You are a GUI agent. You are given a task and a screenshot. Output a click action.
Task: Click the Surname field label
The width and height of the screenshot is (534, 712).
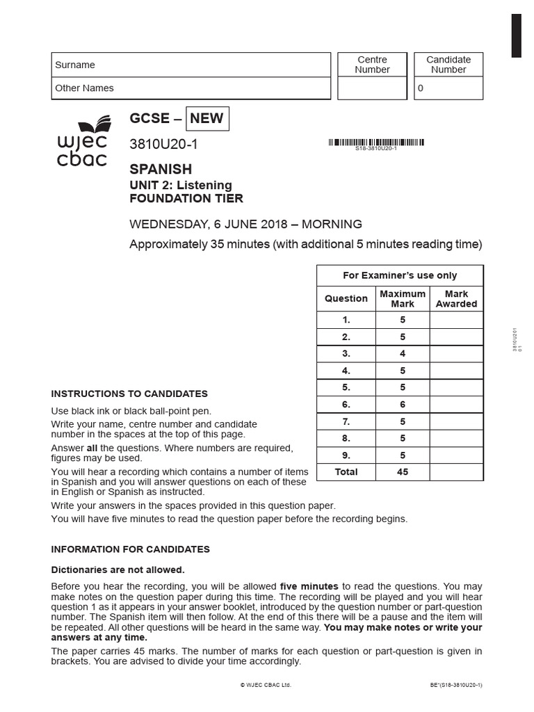75,65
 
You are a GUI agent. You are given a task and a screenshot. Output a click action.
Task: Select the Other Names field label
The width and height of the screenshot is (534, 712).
84,88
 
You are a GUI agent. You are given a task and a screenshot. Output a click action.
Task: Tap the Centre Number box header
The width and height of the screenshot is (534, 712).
372,65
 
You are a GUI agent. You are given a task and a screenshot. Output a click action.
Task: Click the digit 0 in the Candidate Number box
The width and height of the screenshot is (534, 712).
420,88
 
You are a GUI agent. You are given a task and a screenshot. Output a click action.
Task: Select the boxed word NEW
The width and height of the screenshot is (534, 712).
207,118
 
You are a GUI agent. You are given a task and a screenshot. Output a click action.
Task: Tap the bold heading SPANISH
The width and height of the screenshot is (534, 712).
161,169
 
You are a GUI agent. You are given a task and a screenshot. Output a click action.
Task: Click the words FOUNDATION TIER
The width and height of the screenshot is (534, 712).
186,198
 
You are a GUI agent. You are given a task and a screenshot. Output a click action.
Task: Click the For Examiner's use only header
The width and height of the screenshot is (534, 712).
400,275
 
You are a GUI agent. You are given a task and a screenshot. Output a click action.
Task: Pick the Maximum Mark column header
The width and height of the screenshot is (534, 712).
402,299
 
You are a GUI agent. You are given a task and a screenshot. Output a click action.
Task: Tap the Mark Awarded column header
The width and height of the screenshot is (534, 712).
456,299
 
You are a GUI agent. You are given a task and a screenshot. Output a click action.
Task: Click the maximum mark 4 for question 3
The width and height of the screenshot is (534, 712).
402,354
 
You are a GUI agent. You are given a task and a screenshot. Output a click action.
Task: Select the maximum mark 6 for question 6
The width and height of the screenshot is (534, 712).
402,405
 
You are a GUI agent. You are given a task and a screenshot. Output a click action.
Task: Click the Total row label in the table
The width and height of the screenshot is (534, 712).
346,472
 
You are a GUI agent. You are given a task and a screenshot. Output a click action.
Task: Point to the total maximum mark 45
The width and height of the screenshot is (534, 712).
402,472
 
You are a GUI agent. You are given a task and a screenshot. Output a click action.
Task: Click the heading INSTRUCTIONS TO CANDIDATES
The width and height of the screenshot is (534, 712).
129,394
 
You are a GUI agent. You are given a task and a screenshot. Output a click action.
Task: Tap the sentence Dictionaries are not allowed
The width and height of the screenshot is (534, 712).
118,569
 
